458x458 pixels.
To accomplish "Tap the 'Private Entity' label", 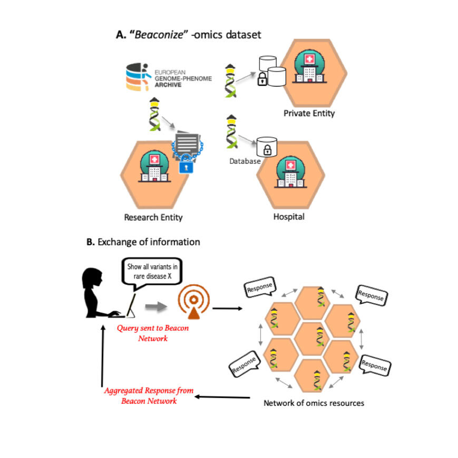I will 309,113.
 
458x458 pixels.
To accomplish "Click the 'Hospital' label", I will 289,216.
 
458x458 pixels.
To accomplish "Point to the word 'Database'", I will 245,161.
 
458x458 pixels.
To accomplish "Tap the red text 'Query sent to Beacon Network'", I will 153,333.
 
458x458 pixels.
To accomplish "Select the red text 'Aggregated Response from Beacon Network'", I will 149,396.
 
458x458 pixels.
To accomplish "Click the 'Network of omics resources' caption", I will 314,404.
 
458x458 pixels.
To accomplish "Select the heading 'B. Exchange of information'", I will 143,242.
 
